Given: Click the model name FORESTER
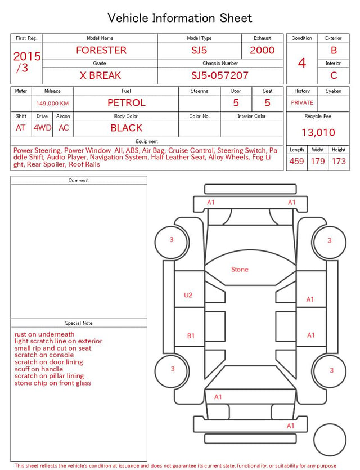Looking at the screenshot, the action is pos(101,50).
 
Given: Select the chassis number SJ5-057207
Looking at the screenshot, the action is pos(220,75).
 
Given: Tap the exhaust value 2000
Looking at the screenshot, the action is pos(262,50).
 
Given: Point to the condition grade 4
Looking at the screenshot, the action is pos(302,63).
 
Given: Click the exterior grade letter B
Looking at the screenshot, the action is pos(334,50).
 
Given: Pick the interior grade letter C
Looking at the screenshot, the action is pos(334,75).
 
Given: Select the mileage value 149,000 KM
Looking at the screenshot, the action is pos(52,104).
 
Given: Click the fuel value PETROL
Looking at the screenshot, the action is pos(127,103).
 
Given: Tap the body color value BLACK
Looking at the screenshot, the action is pos(127,128).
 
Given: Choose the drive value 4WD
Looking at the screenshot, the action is pos(42,128).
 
